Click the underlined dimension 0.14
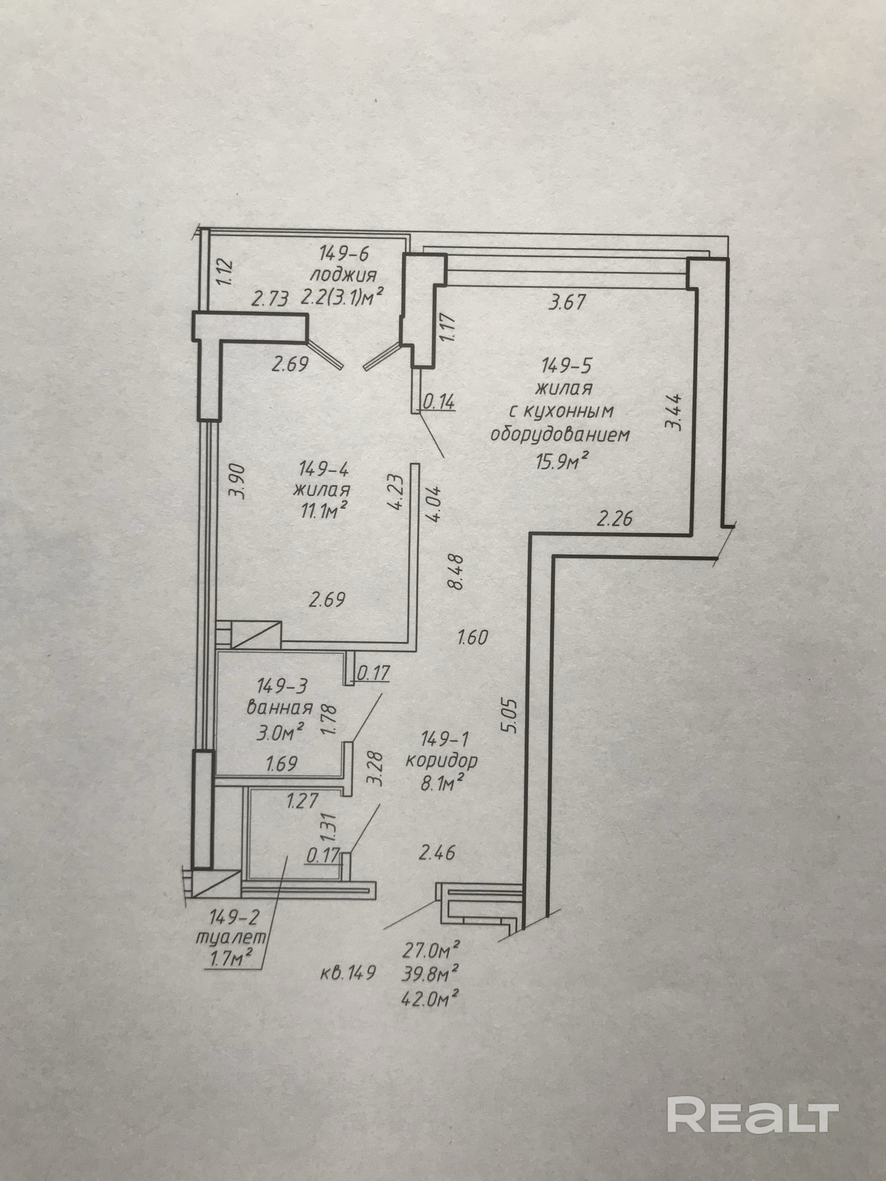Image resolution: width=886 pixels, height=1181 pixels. pyautogui.click(x=439, y=401)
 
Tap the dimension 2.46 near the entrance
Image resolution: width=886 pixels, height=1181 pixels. pyautogui.click(x=437, y=853)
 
